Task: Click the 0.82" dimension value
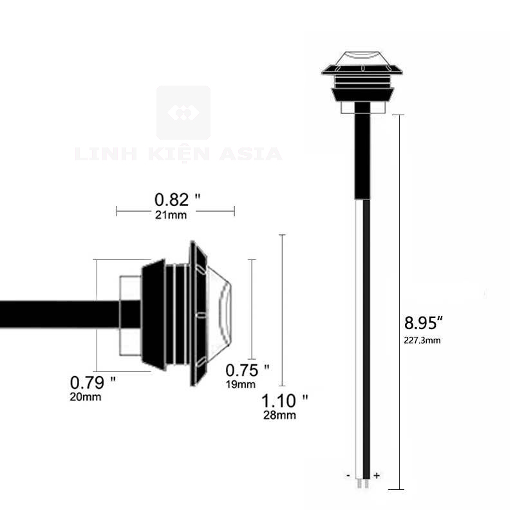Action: (x=178, y=200)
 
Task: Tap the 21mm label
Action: (x=171, y=215)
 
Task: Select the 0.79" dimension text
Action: (x=93, y=382)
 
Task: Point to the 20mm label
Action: (x=86, y=397)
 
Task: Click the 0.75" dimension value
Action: (x=247, y=371)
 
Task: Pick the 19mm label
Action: (x=240, y=384)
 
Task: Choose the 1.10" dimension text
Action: (x=285, y=400)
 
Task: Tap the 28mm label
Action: (x=279, y=415)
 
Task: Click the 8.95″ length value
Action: (x=424, y=323)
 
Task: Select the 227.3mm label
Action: (x=422, y=341)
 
